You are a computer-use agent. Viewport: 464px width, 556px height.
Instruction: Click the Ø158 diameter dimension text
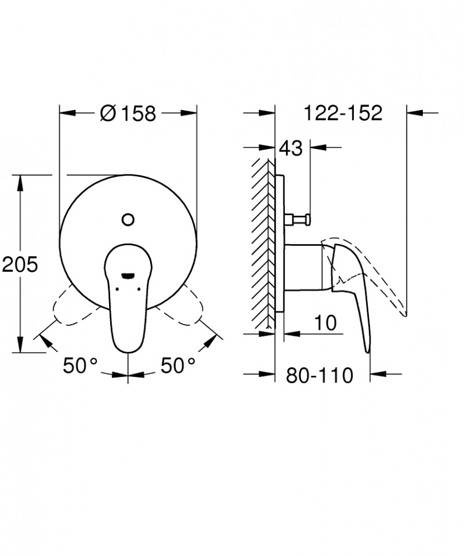128,114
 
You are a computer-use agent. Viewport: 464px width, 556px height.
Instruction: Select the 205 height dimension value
20,265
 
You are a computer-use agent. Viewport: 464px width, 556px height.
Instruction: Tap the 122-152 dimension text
343,113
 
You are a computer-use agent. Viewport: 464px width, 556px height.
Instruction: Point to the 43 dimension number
291,149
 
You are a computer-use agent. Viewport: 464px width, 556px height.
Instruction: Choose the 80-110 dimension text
319,376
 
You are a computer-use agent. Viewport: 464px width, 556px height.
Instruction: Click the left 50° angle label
80,366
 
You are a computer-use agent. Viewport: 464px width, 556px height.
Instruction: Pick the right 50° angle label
177,366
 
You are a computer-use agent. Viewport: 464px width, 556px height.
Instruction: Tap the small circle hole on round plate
129,220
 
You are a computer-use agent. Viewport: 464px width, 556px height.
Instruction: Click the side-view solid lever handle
351,290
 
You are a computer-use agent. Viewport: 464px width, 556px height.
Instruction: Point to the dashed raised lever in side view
377,272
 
